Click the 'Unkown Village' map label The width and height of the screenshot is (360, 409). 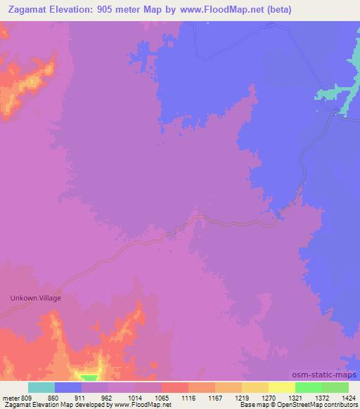35,298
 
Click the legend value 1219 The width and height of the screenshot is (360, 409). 240,398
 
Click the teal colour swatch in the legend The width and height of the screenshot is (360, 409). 41,387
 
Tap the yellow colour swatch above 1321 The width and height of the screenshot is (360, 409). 281,387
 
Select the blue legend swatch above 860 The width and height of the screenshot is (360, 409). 68,387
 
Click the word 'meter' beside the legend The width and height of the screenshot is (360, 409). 11,398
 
